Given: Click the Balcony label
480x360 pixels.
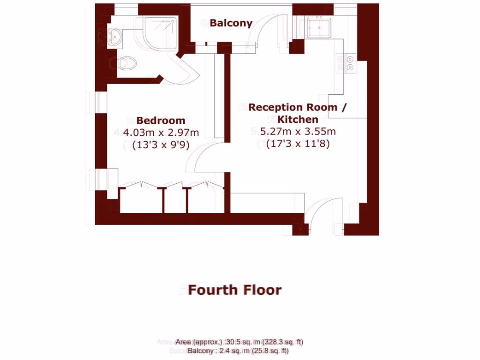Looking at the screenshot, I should point(231,23).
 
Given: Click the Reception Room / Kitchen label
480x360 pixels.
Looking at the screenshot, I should point(299,113).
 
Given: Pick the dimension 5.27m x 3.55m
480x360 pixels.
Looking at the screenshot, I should point(298,132).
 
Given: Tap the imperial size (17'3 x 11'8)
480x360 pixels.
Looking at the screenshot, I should point(298,143).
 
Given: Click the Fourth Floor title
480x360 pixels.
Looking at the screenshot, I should point(234,290).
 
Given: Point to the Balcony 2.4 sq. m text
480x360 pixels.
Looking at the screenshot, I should point(238,351).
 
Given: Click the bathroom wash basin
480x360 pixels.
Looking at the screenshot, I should point(115,36).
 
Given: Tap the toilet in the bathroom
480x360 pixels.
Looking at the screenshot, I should point(126,63).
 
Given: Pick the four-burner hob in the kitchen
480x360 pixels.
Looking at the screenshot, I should point(350,63).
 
